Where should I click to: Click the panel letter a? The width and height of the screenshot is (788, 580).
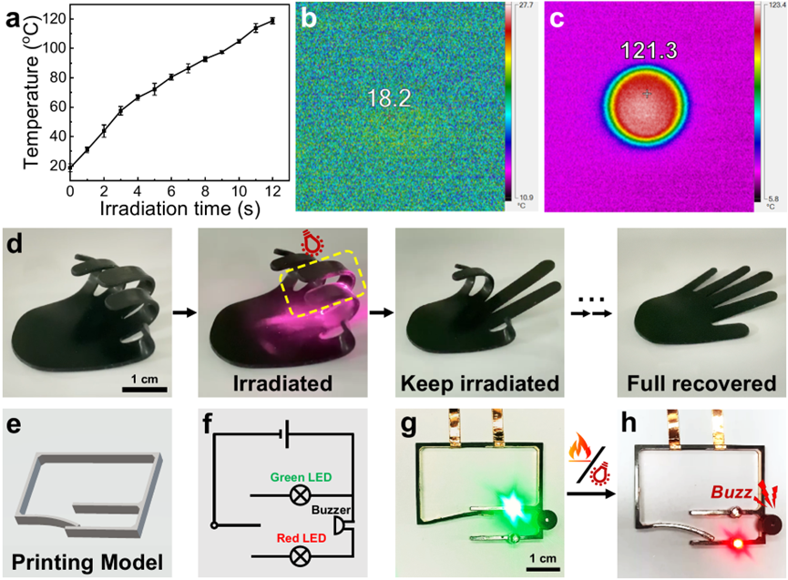click(x=16, y=16)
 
